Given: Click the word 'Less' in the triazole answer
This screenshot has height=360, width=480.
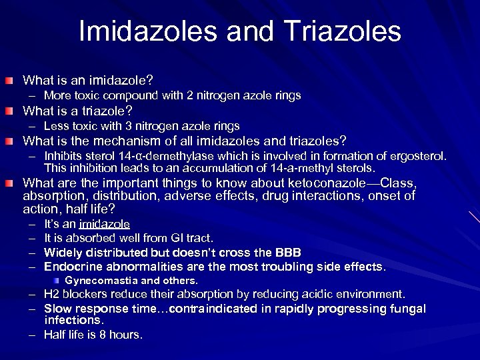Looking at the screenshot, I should click(56, 126).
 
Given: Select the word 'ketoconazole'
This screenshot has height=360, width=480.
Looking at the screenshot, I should click(327, 183).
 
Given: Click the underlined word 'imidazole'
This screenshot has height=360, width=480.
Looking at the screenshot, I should click(104, 225).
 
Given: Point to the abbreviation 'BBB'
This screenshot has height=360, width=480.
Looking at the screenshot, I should click(287, 253).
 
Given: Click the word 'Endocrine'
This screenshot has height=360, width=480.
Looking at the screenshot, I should click(72, 267).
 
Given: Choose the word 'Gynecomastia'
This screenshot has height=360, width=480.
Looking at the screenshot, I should click(102, 281).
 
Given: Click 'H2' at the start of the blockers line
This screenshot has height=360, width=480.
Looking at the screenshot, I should click(51, 294).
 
